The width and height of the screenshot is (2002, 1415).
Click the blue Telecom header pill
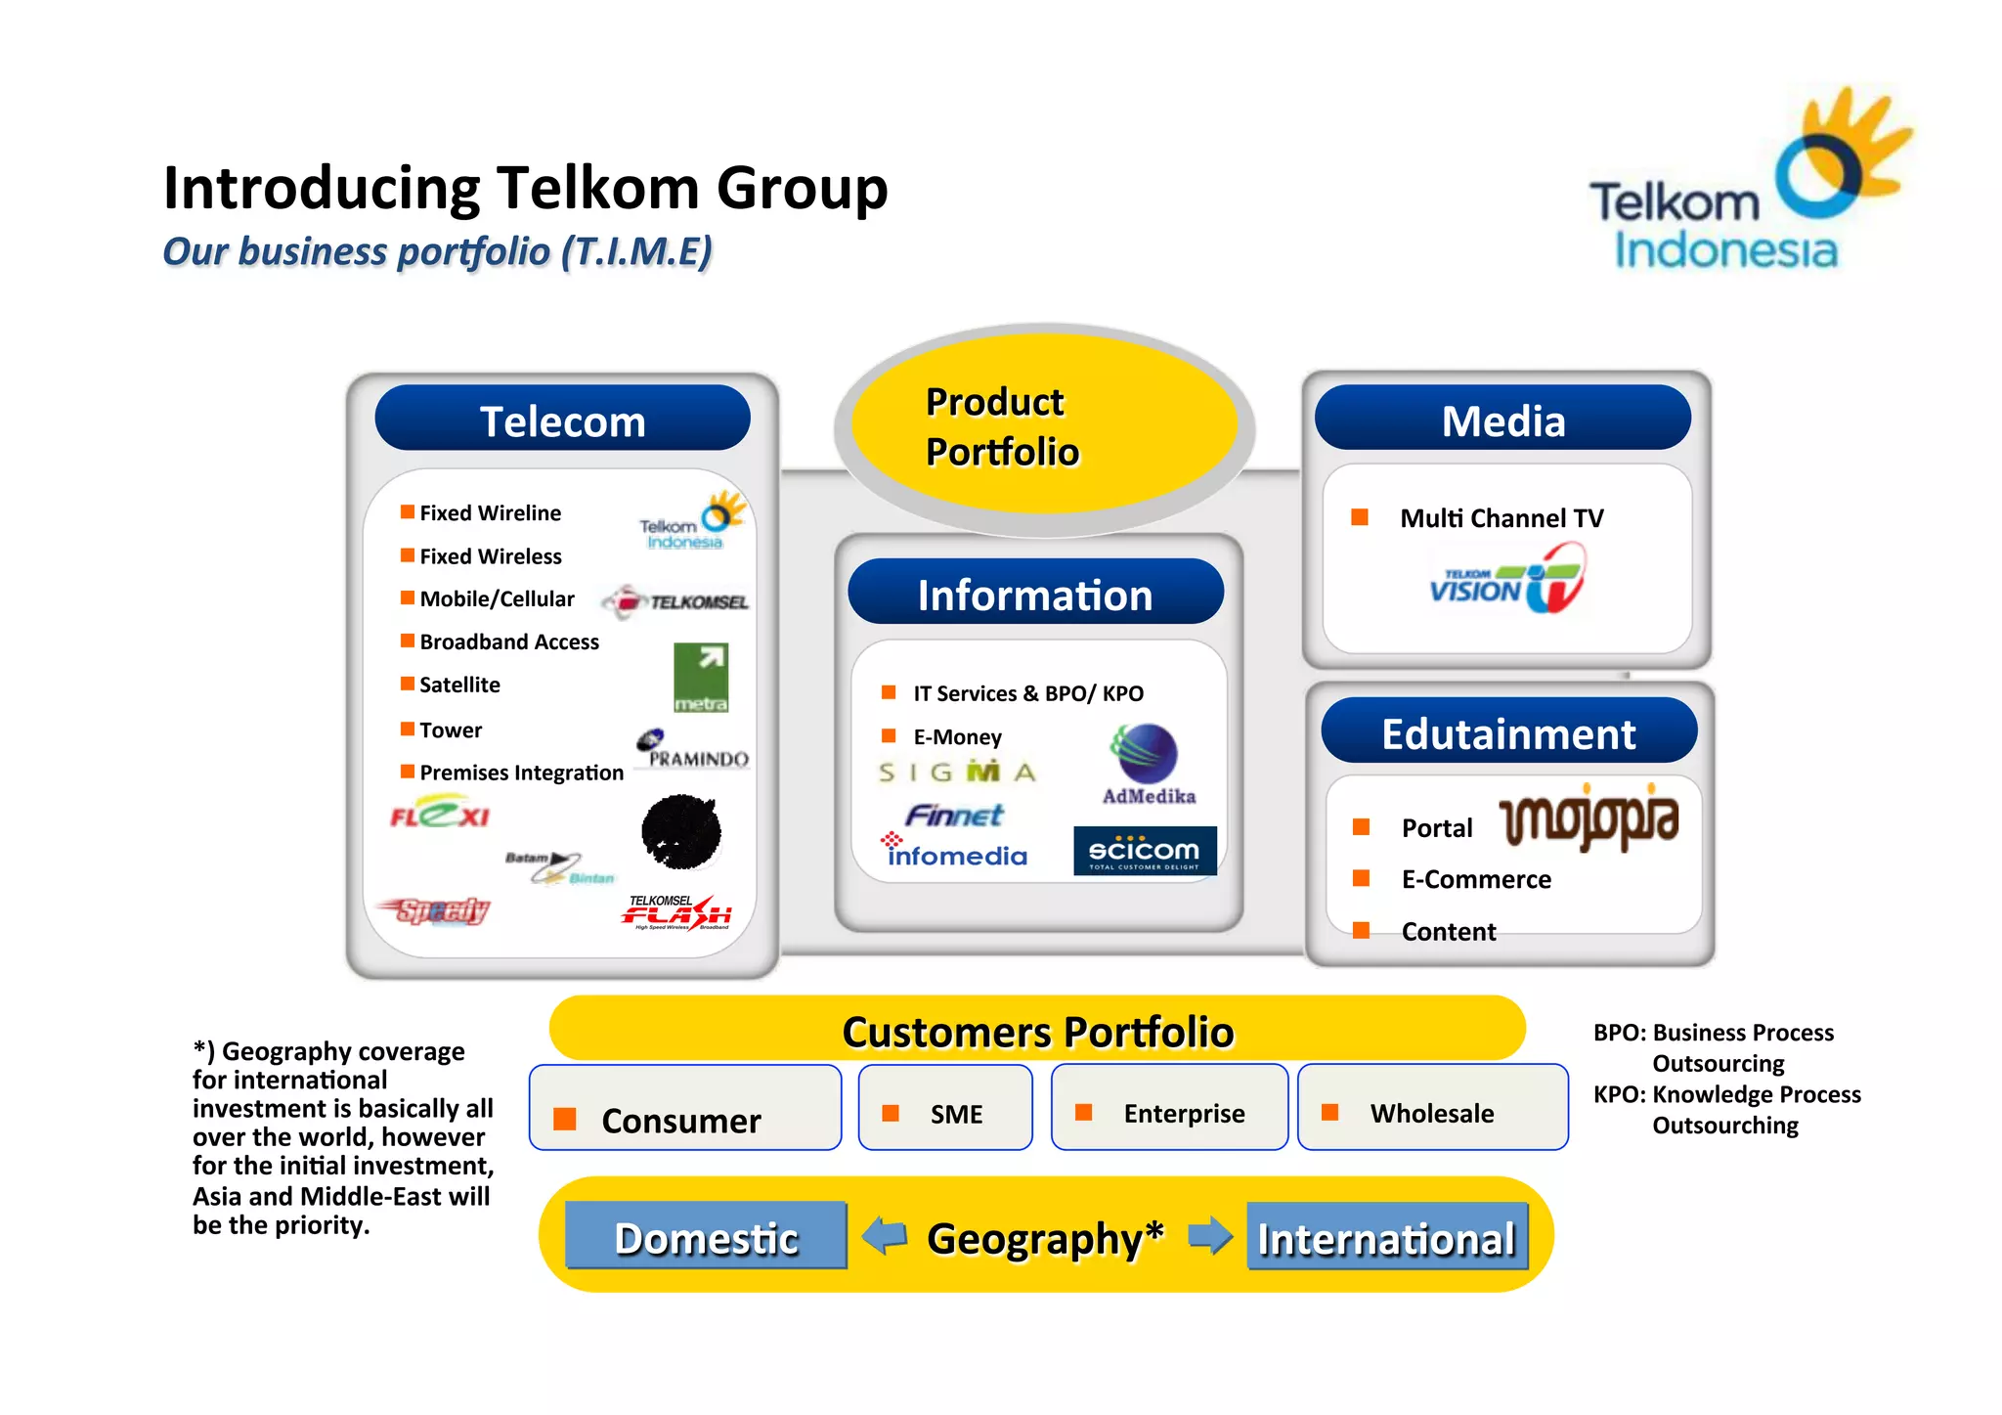click(562, 419)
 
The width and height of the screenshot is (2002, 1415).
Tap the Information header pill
click(1035, 593)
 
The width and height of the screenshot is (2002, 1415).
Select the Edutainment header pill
click(1508, 731)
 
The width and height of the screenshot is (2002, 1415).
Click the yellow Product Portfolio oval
click(1044, 425)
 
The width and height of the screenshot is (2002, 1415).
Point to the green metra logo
click(701, 678)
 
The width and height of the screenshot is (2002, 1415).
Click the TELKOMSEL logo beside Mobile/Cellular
click(675, 601)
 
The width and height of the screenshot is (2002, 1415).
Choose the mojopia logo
click(1589, 818)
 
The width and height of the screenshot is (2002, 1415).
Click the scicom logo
click(1145, 851)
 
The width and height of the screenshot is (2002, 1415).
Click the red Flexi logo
click(440, 814)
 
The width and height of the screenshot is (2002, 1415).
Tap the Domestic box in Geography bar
click(706, 1236)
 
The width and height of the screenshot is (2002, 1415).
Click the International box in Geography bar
click(1386, 1237)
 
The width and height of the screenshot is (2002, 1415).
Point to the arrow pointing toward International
click(1210, 1235)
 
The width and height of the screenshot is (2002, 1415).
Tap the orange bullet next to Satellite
click(407, 684)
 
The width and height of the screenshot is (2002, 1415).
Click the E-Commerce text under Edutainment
click(1475, 879)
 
